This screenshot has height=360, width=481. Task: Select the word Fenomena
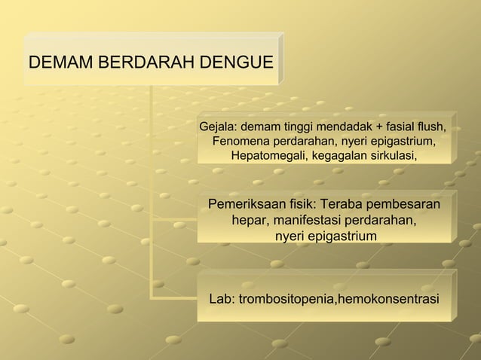244,141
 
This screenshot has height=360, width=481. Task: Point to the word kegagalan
335,156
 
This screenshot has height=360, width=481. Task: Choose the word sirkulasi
391,156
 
